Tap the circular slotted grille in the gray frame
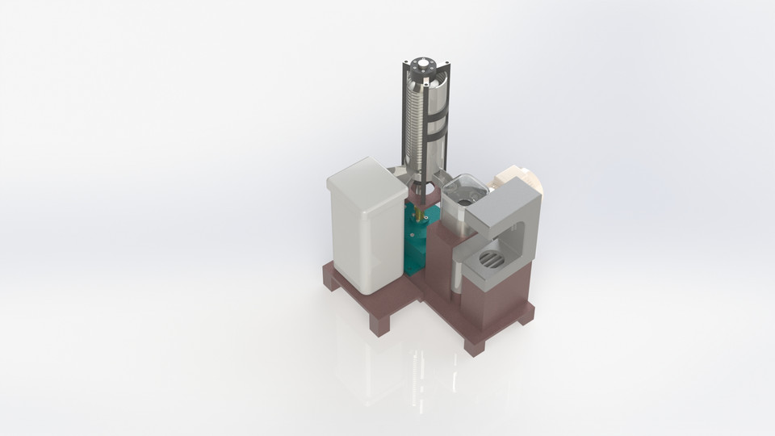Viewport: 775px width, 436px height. (x=492, y=260)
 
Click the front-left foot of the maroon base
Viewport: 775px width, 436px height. (x=380, y=323)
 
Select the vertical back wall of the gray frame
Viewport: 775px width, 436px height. (x=528, y=234)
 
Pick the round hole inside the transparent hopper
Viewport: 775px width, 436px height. (x=463, y=194)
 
